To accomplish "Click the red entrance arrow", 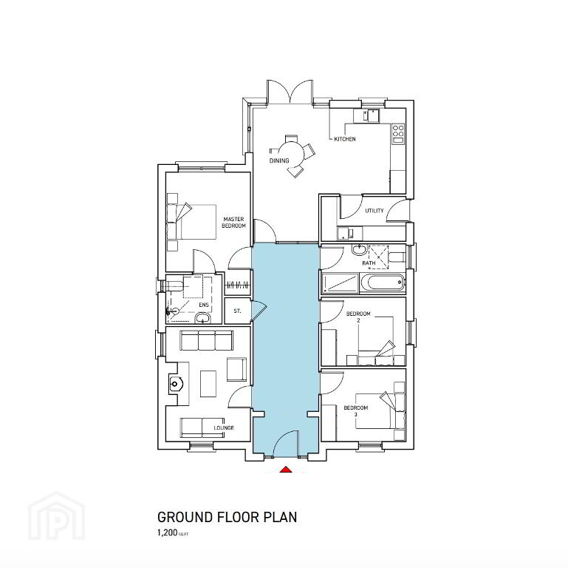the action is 286,470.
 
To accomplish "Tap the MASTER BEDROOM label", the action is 233,223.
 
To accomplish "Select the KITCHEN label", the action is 344,139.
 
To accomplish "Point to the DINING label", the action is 279,160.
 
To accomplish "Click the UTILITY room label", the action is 374,211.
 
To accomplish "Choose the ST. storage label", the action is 237,311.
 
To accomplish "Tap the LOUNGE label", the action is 224,428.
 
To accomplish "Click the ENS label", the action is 204,305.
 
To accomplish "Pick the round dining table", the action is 292,153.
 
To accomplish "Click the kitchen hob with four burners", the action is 398,133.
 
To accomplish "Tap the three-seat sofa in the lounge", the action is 207,340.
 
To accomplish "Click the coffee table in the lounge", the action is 208,383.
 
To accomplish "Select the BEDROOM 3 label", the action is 356,411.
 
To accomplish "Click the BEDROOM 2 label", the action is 358,317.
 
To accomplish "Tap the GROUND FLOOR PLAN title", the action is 227,517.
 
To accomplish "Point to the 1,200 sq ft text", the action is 173,532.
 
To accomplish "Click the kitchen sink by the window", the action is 370,115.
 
